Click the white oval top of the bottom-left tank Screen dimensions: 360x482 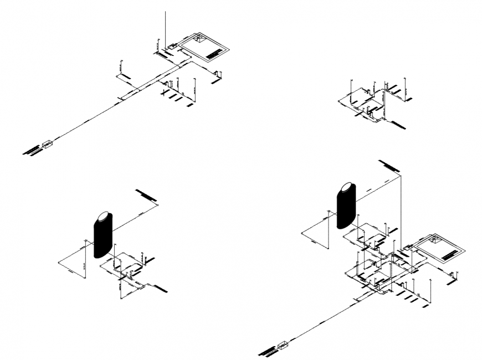pyautogui.click(x=104, y=217)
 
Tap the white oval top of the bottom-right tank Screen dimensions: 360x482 pyautogui.click(x=346, y=188)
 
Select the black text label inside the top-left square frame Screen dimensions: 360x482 pyautogui.click(x=213, y=54)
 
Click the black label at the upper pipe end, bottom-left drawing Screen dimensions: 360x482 pyautogui.click(x=146, y=195)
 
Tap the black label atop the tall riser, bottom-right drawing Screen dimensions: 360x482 pyautogui.click(x=389, y=166)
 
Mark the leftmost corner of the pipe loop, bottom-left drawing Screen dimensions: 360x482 pyautogui.click(x=59, y=261)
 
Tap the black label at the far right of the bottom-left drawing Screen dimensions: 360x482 pyautogui.click(x=161, y=288)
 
